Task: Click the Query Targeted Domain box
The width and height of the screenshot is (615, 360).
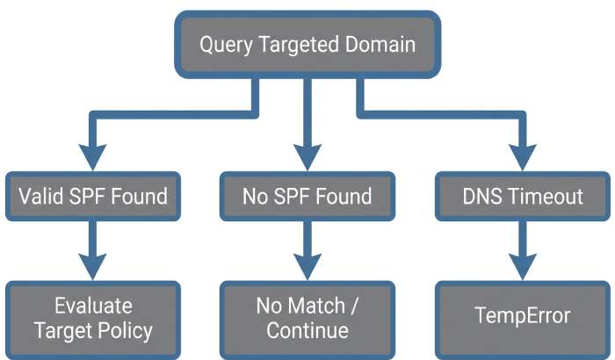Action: (307, 45)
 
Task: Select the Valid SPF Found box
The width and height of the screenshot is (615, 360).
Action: (92, 196)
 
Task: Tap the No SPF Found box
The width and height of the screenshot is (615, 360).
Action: (307, 196)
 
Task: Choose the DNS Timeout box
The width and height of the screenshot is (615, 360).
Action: (522, 196)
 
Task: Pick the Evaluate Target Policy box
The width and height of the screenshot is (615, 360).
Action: (92, 319)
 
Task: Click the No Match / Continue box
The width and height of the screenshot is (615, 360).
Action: (307, 319)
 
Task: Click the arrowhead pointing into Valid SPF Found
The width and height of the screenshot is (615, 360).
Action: (92, 159)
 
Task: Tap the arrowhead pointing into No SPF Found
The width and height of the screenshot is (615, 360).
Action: (307, 159)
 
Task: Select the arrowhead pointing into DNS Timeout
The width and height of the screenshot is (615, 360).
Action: (522, 159)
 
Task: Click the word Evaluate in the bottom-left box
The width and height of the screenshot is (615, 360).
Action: (92, 306)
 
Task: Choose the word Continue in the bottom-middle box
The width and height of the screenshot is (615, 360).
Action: (307, 331)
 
